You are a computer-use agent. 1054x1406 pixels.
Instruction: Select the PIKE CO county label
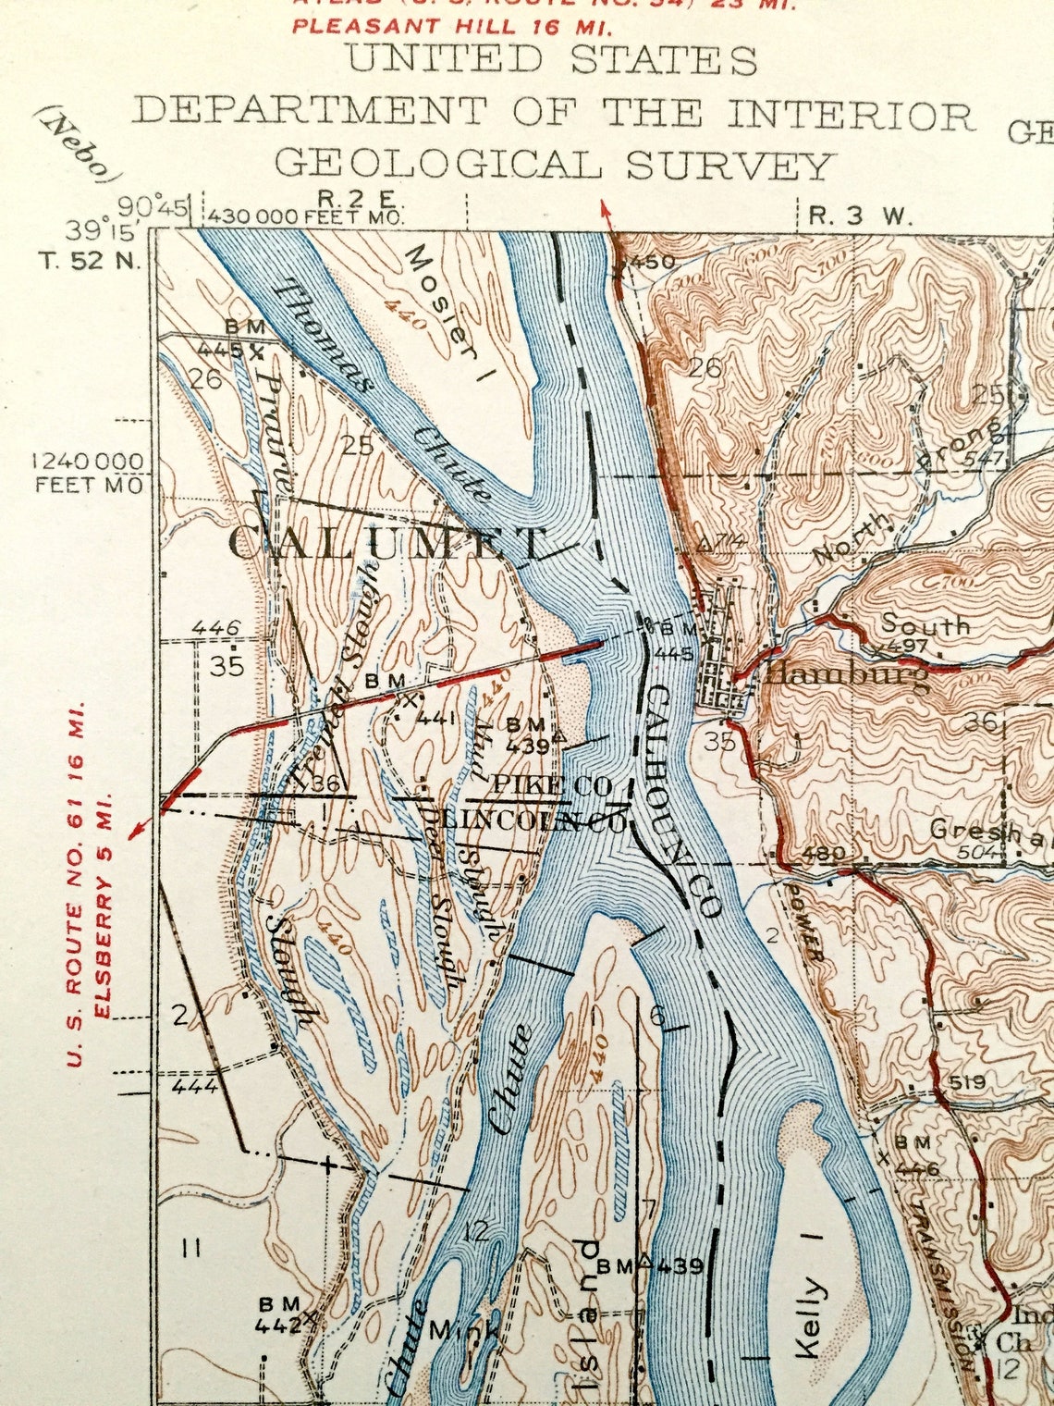551,786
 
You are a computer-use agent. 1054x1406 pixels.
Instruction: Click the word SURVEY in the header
729,166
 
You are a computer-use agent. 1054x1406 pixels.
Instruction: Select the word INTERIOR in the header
851,116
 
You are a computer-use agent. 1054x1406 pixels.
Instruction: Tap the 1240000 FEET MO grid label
88,472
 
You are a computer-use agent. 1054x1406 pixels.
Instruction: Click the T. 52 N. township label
90,260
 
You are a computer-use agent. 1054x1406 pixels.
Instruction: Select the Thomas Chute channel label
379,388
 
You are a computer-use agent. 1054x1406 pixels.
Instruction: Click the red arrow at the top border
607,212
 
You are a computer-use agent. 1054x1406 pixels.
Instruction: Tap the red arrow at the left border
139,826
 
